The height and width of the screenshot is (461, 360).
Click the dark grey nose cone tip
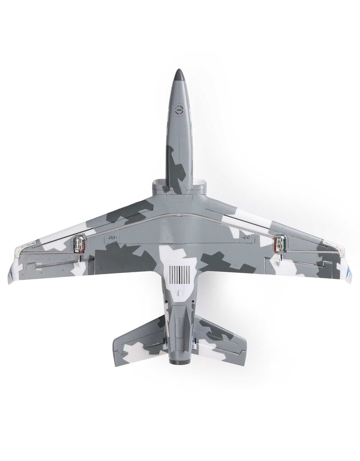[179, 74]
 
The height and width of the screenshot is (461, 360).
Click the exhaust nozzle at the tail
[179, 357]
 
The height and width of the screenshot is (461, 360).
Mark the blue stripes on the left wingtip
[11, 272]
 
